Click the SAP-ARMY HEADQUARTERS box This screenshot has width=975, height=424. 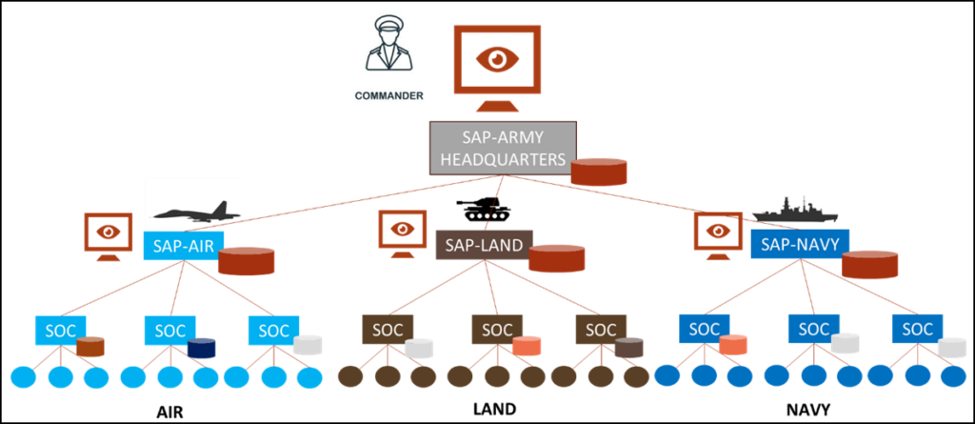pos(503,148)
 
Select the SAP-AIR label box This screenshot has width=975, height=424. pos(182,246)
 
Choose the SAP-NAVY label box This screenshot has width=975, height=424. pos(800,245)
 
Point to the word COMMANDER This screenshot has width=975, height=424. pos(388,95)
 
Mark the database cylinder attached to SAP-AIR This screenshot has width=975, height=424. pos(247,259)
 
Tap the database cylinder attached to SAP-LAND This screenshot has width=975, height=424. pos(557,258)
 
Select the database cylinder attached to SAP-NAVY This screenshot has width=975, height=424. pos(870,264)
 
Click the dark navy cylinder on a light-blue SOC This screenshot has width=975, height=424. pos(202,348)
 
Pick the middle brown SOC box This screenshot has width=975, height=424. pos(497,330)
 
